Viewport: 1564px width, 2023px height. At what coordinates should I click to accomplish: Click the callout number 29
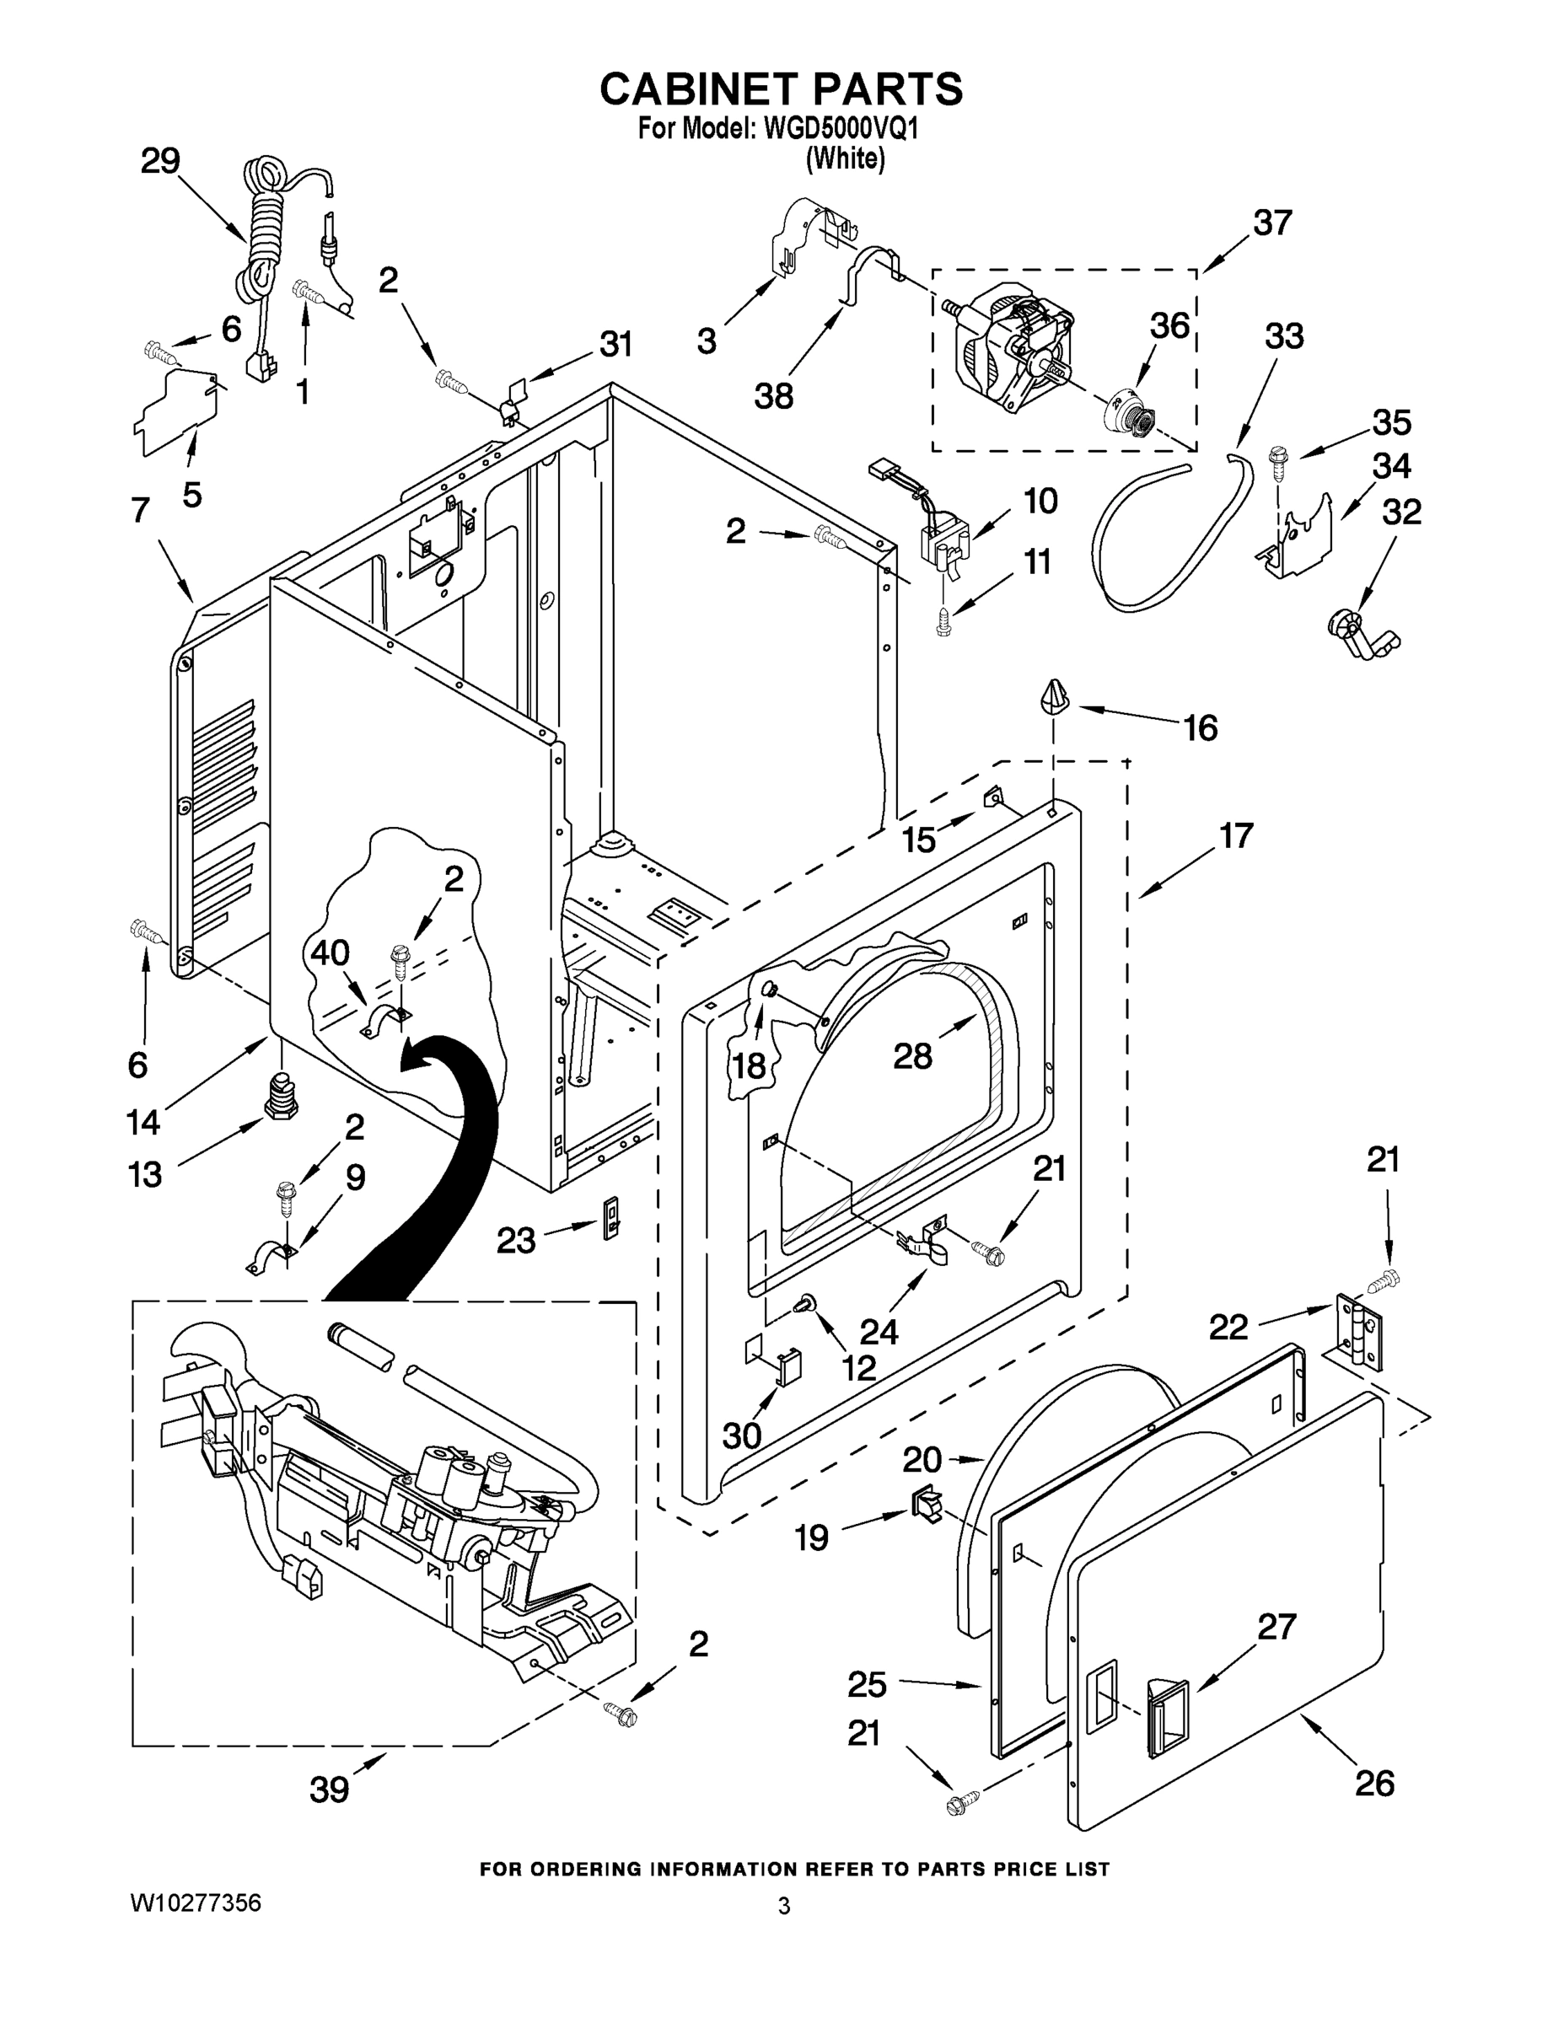(160, 162)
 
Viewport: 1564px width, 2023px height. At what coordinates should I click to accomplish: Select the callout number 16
(1201, 728)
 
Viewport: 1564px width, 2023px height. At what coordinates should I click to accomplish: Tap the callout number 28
(912, 1055)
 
